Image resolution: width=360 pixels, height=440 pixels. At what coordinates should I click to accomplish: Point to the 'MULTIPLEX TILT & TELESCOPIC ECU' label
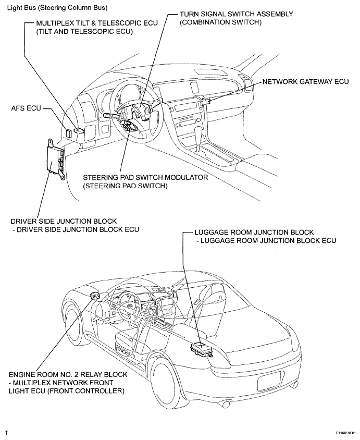(88, 23)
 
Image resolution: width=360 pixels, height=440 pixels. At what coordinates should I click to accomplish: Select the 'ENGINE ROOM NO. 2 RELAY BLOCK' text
(68, 374)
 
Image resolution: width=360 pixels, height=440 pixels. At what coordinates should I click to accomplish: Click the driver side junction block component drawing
(54, 157)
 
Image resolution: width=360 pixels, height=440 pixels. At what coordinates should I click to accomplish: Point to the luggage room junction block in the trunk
(202, 349)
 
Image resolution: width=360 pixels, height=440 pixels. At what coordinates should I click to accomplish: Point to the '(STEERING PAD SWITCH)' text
(125, 186)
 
